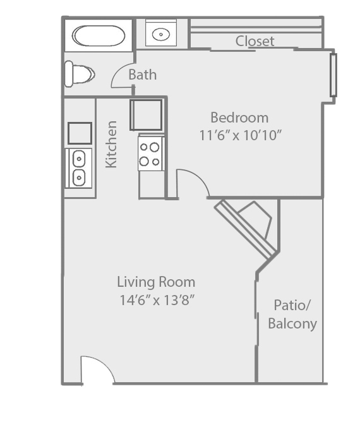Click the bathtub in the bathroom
98,35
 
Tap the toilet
78,74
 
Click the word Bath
142,75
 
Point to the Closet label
255,42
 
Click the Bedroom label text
239,118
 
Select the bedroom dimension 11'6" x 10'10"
239,135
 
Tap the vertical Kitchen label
111,144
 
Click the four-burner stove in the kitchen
151,154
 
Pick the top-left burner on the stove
145,147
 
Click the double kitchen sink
79,168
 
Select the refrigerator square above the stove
146,114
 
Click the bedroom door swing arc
193,183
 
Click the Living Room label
156,282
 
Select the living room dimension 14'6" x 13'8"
155,299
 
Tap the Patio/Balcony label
292,315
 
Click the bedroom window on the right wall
333,75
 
